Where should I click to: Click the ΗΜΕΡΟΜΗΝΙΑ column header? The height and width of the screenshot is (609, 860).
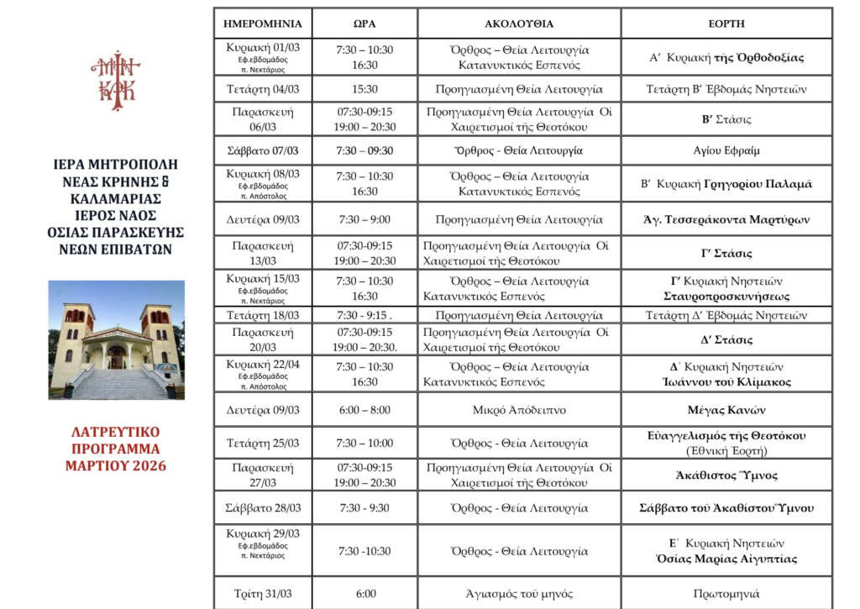point(262,24)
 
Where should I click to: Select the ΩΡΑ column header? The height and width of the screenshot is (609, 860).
point(364,24)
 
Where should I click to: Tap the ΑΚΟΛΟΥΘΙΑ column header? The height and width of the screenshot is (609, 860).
point(519,24)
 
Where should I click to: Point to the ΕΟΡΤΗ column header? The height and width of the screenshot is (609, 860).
point(726,24)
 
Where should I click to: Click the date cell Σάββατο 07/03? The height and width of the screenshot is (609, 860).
point(262,150)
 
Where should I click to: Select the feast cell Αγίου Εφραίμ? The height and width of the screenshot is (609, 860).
point(726,150)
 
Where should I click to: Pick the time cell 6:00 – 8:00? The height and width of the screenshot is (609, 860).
point(364,410)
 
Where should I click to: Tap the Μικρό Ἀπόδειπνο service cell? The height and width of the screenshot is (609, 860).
point(519,410)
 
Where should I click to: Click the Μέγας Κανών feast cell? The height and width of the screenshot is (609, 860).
point(726,410)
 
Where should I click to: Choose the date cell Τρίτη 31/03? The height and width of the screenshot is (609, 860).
point(262,593)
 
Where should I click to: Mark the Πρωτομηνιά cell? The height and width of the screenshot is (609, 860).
point(726,593)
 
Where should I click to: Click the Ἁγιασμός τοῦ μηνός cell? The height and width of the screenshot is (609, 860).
point(519,593)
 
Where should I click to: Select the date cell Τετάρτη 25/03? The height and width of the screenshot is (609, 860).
point(262,443)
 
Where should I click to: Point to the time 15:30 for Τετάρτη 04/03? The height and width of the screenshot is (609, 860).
point(364,88)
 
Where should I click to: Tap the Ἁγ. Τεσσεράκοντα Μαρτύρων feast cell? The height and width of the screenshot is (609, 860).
point(726,220)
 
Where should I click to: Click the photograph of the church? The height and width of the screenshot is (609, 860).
point(116,339)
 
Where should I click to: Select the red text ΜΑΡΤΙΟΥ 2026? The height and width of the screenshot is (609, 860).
point(116,466)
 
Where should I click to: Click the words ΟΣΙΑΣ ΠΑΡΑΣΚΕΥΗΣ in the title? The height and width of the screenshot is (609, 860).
point(116,231)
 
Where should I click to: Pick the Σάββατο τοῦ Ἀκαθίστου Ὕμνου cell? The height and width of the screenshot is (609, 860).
point(726,508)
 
